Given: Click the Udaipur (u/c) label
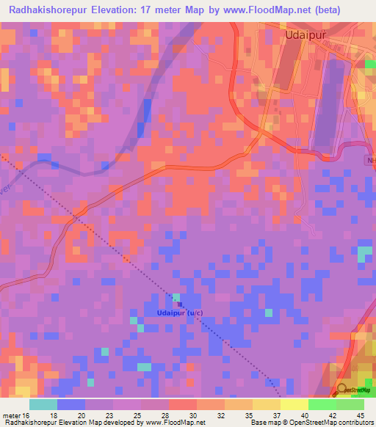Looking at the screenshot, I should pyautogui.click(x=180, y=313).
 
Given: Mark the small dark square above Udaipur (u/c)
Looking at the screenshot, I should pyautogui.click(x=178, y=304).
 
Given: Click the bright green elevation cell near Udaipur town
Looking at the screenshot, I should pyautogui.click(x=371, y=65).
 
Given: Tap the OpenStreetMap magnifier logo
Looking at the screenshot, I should pyautogui.click(x=341, y=390).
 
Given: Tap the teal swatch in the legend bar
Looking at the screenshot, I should pyautogui.click(x=43, y=404).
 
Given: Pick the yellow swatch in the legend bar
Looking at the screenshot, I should pyautogui.click(x=294, y=404).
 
